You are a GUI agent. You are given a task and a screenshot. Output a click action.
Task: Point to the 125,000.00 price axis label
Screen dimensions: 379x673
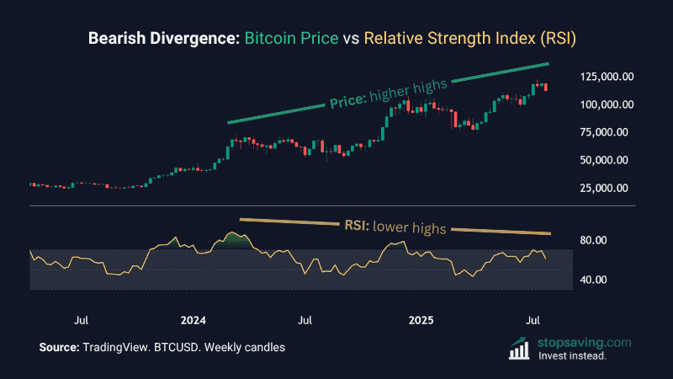click(x=607, y=77)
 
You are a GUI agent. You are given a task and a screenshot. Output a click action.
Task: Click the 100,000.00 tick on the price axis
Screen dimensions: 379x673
click(x=607, y=104)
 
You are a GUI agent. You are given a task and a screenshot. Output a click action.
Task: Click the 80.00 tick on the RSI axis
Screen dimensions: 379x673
click(x=593, y=240)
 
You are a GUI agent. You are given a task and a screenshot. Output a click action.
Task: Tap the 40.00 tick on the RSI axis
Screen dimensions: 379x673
click(x=593, y=280)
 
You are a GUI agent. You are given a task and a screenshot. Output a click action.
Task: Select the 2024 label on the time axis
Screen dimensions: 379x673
click(x=193, y=321)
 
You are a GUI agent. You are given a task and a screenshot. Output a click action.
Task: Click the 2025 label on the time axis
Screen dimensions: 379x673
click(x=420, y=321)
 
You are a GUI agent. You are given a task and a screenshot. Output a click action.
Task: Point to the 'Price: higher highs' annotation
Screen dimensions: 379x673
click(x=389, y=94)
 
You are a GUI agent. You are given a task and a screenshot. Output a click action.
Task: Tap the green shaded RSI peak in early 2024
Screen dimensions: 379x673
click(x=236, y=239)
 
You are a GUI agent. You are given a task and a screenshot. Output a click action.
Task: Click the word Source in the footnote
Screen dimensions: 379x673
click(x=59, y=348)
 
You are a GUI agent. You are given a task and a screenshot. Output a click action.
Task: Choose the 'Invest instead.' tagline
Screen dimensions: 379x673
click(x=572, y=355)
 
